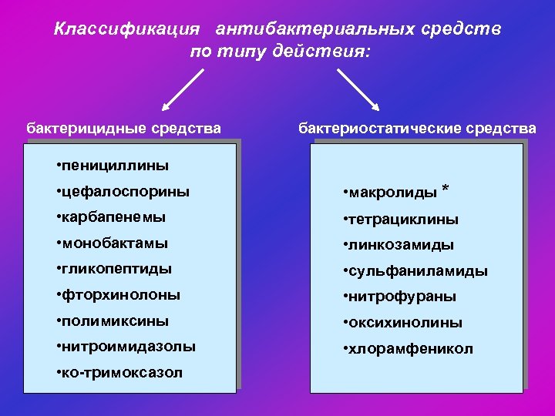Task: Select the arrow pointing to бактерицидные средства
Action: (x=183, y=91)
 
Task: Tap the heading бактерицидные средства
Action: (x=123, y=128)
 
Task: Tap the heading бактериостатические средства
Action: (x=417, y=128)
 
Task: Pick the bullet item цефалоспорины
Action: (x=123, y=191)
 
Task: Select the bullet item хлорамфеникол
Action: (x=408, y=349)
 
